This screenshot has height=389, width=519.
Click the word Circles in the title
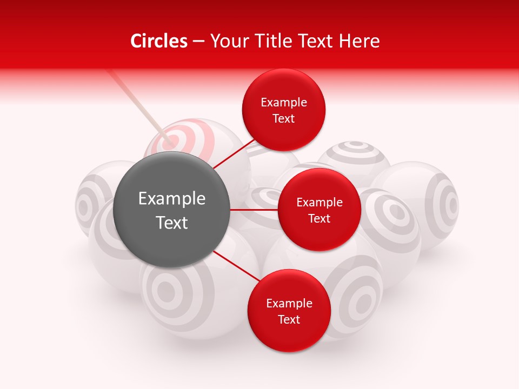coord(159,41)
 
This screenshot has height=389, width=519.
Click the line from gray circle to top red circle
coord(234,153)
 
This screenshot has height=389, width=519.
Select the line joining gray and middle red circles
coord(254,209)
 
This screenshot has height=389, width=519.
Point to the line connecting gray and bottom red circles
coord(236,266)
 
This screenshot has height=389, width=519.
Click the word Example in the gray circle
coord(172,199)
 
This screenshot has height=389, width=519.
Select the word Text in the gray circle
coord(172,222)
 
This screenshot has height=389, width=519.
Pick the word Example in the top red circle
coord(284,103)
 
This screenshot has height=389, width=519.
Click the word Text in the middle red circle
coord(319,218)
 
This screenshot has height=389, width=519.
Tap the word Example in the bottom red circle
coord(289,304)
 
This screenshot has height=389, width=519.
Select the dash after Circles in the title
coord(198,41)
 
